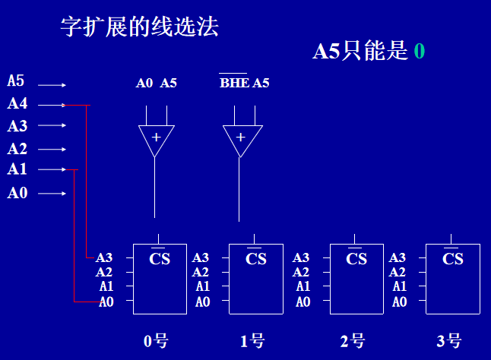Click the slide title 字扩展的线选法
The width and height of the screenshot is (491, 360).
click(139, 28)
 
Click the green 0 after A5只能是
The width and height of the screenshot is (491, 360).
click(419, 52)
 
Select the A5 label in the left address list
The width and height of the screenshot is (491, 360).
click(16, 81)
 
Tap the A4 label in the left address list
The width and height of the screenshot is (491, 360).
click(17, 104)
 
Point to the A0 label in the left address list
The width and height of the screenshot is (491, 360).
click(17, 193)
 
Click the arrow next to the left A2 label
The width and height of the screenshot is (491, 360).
click(52, 150)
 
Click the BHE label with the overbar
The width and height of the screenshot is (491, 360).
click(234, 83)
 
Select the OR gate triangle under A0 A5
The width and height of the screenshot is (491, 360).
click(156, 139)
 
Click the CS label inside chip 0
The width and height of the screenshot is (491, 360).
click(160, 259)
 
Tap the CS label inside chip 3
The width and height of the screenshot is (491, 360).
click(453, 259)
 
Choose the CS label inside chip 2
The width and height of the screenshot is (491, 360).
click(356, 259)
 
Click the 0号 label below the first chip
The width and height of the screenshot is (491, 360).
click(156, 341)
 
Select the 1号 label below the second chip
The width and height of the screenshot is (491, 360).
click(252, 341)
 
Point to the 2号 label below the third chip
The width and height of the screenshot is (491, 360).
click(353, 341)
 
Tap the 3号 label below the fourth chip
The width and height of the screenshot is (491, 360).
click(449, 341)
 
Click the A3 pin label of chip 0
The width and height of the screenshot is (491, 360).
click(104, 258)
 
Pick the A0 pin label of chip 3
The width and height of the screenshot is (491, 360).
click(399, 302)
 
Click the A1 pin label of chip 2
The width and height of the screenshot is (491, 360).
click(303, 286)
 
